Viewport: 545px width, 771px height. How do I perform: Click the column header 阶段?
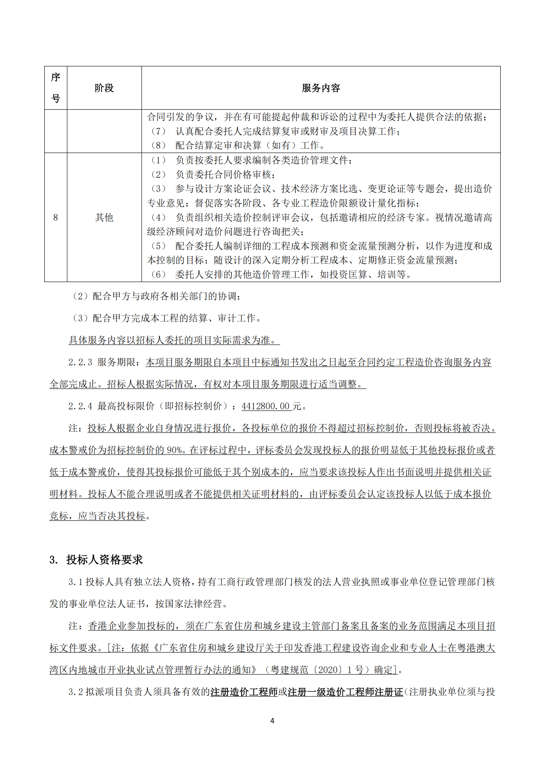pos(104,88)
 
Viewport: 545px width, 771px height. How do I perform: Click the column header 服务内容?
pos(321,88)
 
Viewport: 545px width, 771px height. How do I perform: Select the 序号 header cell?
pos(56,88)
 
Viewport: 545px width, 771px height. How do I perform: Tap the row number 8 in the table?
pos(56,217)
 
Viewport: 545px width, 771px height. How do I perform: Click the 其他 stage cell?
pos(104,217)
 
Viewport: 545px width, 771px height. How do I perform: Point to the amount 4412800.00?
pos(266,406)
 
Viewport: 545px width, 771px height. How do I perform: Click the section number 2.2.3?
pos(80,362)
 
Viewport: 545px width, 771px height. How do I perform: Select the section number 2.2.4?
pos(80,406)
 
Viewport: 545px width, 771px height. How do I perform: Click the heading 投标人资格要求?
pos(104,560)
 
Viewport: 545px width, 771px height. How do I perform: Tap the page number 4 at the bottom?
pos(272,721)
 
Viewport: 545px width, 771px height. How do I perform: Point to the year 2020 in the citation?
pos(329,670)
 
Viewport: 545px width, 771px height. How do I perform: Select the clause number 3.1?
pos(76,582)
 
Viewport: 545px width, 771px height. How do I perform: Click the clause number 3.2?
pos(76,692)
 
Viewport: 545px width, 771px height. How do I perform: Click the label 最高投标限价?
pos(126,406)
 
